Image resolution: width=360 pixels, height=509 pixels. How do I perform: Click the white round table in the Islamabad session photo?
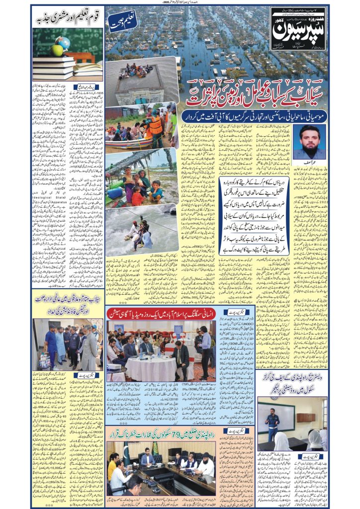point(145,367)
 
